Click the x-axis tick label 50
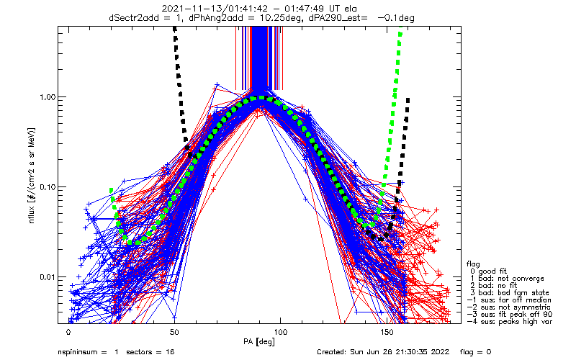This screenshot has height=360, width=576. [174, 333]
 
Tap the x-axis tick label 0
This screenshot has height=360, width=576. [68, 333]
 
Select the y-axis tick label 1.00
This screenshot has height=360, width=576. [46, 97]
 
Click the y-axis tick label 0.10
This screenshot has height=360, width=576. [46, 187]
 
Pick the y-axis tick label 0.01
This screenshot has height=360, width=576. [46, 277]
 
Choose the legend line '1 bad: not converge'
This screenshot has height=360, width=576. [508, 278]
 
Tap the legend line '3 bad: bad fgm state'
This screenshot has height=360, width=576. [510, 292]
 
